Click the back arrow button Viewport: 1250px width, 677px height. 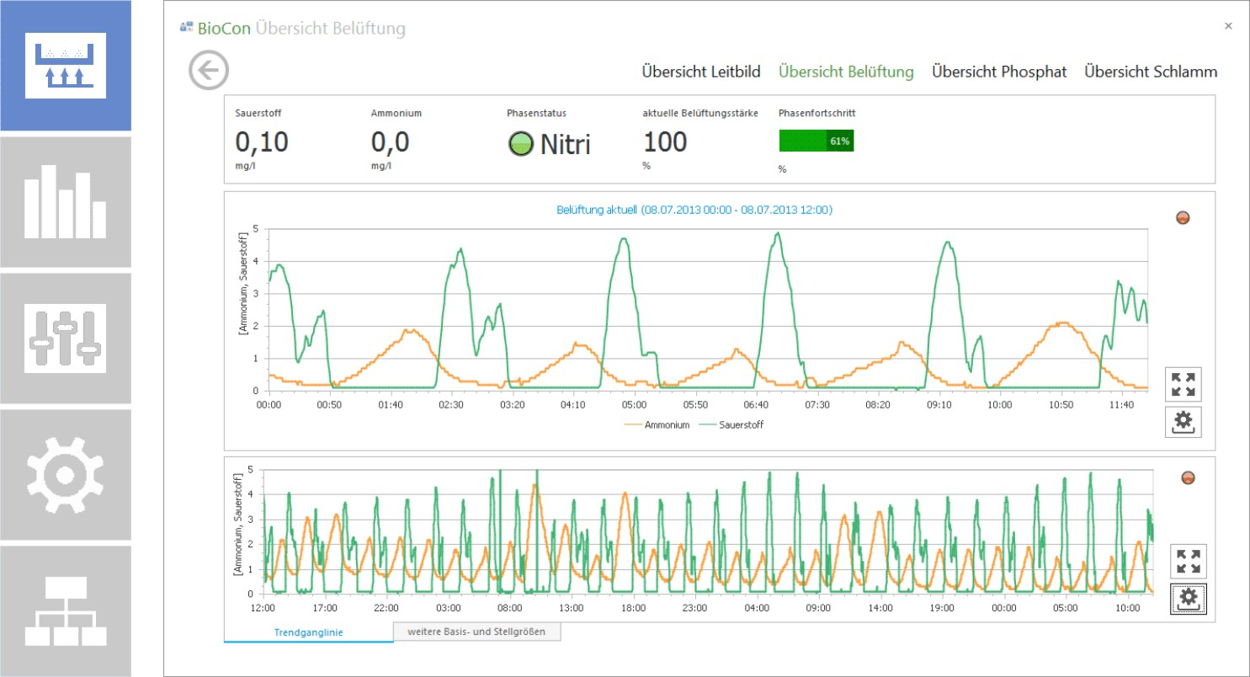(x=208, y=71)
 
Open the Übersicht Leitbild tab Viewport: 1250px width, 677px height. (x=701, y=72)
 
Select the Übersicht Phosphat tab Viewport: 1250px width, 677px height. (x=999, y=72)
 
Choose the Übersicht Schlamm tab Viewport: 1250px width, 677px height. (x=1151, y=72)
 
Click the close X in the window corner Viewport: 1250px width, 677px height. (x=1228, y=25)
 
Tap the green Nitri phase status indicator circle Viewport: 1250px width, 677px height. (x=521, y=143)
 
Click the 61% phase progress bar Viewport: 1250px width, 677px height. (x=816, y=141)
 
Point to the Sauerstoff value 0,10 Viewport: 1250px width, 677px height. (x=261, y=141)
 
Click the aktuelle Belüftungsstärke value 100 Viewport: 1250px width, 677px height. (x=665, y=141)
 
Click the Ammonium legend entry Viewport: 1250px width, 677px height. (x=657, y=425)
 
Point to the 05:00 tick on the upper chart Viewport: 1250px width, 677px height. (x=634, y=405)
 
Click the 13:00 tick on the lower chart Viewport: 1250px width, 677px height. (x=571, y=608)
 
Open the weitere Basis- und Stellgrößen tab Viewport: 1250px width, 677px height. (x=476, y=632)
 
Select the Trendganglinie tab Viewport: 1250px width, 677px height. (x=309, y=632)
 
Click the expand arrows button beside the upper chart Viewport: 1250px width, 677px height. (x=1183, y=385)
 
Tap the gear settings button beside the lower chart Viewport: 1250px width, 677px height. (x=1188, y=599)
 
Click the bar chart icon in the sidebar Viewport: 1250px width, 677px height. (x=66, y=202)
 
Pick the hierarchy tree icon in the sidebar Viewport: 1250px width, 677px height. (x=66, y=611)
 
